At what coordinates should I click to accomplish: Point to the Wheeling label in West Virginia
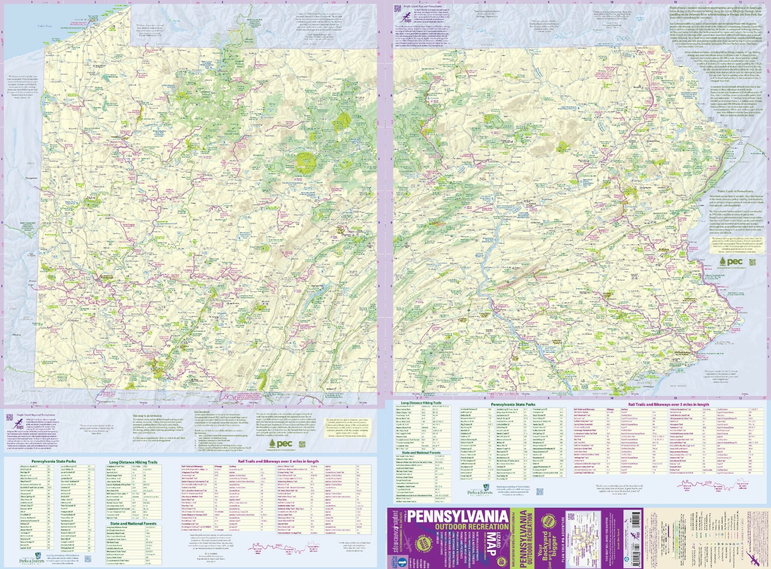pos(17,334)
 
